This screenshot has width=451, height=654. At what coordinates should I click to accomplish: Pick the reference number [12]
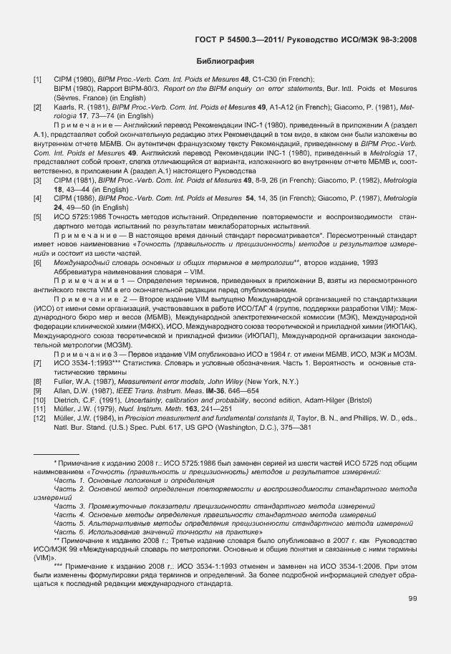coord(38,418)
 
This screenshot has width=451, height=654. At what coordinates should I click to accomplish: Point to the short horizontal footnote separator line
coord(57,454)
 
